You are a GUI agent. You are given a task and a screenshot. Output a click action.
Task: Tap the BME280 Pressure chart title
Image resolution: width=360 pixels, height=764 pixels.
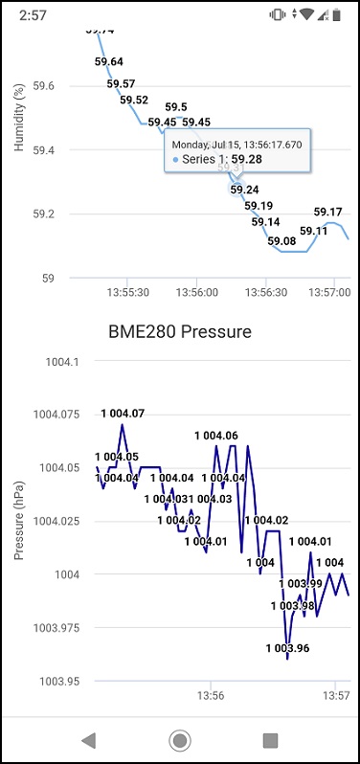tap(181, 332)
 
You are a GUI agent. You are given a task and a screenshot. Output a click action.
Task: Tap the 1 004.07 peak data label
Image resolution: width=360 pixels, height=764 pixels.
tap(124, 414)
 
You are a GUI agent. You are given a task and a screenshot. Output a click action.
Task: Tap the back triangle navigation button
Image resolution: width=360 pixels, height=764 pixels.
tap(89, 739)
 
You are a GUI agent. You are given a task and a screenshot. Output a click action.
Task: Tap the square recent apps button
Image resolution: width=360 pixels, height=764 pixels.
tap(270, 739)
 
